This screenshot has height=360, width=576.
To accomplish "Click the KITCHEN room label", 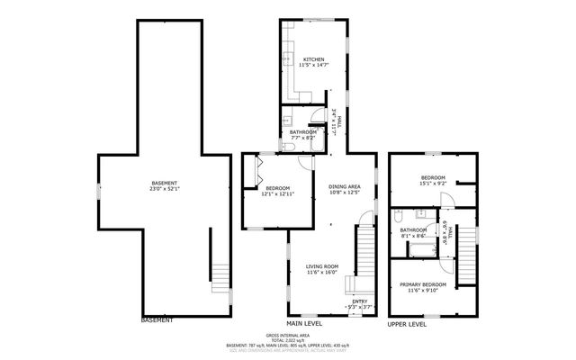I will click(313, 58).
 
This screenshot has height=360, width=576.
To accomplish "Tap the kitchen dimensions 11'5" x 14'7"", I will click(313, 65).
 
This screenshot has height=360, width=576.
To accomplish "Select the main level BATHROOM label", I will click(302, 132).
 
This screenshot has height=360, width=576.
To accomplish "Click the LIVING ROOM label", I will click(320, 265).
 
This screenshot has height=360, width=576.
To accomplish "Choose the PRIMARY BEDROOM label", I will click(421, 284).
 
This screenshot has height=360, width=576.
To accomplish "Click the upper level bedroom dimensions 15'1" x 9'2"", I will click(433, 184).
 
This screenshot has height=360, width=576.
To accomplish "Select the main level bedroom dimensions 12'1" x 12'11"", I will click(277, 193).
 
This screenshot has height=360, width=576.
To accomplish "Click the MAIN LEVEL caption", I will click(305, 322).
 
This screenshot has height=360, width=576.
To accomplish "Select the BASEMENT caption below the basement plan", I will click(157, 319).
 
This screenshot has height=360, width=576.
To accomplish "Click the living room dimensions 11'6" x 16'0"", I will click(320, 272).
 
